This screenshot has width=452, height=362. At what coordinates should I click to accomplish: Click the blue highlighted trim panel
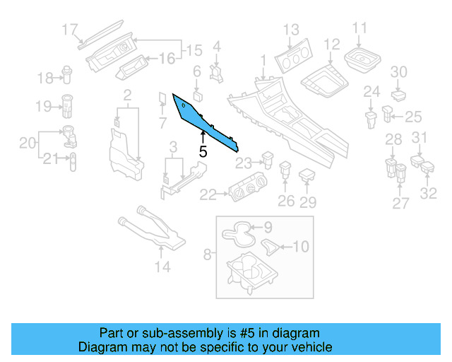(201, 120)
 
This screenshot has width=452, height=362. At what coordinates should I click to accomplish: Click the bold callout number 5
(203, 151)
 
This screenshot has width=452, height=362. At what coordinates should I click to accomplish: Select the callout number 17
(69, 30)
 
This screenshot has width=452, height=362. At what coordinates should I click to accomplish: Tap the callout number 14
(162, 267)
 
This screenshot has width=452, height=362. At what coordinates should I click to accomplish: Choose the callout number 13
(292, 30)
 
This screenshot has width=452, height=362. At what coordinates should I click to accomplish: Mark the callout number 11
(360, 28)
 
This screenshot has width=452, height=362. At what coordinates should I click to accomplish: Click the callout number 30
(399, 72)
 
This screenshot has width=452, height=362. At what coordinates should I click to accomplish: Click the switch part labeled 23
(268, 159)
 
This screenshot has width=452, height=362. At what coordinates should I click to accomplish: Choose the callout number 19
(42, 106)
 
